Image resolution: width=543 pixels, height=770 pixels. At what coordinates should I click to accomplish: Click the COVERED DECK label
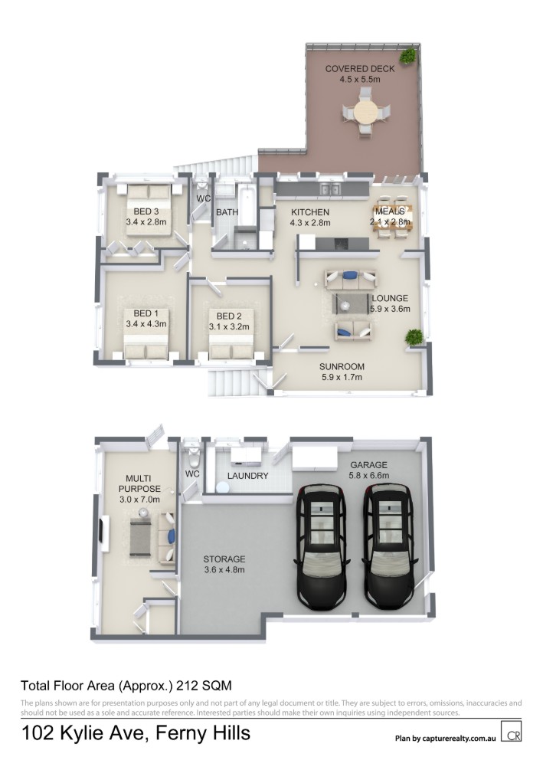360,69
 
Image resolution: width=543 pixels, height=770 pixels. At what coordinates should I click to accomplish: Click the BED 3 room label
146,211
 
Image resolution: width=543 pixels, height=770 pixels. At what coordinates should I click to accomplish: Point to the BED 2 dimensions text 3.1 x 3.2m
229,326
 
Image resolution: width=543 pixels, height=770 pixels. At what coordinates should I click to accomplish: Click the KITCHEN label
310,212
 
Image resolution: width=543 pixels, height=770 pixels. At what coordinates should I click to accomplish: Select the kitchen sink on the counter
329,189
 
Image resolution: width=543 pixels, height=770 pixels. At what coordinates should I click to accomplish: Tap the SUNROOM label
342,366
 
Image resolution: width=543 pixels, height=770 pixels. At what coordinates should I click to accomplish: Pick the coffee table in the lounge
351,303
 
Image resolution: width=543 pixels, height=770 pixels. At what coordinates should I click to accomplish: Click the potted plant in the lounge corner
414,337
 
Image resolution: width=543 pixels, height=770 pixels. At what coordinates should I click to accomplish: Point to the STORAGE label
224,559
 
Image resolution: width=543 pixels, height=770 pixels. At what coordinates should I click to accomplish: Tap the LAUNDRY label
248,475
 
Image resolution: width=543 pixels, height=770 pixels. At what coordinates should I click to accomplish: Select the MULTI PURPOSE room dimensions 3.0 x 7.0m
139,500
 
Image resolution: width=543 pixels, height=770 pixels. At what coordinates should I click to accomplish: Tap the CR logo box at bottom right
511,731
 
